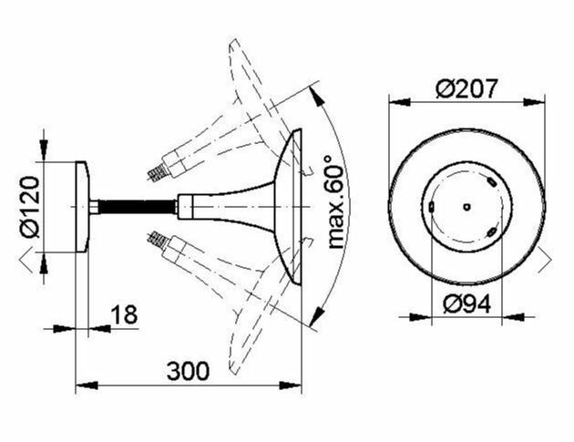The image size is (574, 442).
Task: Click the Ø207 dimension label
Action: point(466,88)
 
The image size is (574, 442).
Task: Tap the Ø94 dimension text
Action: point(466,304)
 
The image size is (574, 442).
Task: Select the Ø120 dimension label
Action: point(30,207)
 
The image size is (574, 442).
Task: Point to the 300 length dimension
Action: point(188,371)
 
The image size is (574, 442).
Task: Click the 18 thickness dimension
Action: point(124,314)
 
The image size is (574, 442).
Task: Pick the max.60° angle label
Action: point(335,201)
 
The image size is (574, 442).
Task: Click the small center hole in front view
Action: point(466,207)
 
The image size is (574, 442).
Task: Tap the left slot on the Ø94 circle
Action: point(432,207)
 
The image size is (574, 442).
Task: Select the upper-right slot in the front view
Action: point(491,181)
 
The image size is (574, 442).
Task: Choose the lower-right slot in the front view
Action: point(492,232)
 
